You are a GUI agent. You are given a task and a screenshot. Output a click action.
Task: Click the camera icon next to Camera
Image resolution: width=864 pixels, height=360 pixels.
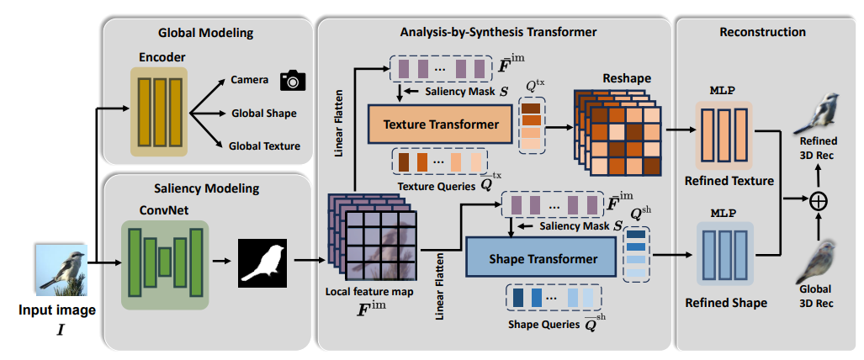click(x=293, y=80)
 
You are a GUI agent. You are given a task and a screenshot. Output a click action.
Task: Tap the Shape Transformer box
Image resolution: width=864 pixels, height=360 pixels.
click(x=541, y=258)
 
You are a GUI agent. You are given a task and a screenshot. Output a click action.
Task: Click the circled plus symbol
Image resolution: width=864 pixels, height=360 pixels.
click(x=819, y=202)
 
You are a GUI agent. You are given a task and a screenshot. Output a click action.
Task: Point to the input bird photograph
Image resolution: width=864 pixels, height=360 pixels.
click(x=61, y=267)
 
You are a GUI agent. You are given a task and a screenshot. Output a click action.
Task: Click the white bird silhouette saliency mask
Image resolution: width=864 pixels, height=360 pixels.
click(x=262, y=263)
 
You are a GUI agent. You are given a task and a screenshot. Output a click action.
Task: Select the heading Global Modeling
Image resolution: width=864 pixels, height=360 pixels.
click(x=205, y=33)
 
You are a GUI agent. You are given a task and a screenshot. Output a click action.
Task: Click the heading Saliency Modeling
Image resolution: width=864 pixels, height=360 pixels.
click(x=207, y=188)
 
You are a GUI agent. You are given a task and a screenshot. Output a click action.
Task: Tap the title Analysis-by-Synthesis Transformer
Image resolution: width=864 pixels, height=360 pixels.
click(x=498, y=32)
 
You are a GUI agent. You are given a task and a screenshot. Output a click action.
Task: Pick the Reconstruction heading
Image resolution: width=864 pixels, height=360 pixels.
click(x=762, y=32)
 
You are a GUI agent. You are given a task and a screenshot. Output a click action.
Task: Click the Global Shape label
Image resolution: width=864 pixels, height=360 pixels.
click(x=264, y=114)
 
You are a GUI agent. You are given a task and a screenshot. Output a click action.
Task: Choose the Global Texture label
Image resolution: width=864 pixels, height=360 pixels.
click(x=265, y=146)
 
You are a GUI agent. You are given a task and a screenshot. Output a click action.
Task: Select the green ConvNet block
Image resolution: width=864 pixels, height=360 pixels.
click(x=165, y=264)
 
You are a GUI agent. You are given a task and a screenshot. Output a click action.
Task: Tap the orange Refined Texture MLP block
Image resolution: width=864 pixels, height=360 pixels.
click(x=724, y=135)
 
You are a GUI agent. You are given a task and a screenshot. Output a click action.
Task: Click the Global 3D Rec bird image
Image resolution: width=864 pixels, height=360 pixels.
click(x=815, y=262)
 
